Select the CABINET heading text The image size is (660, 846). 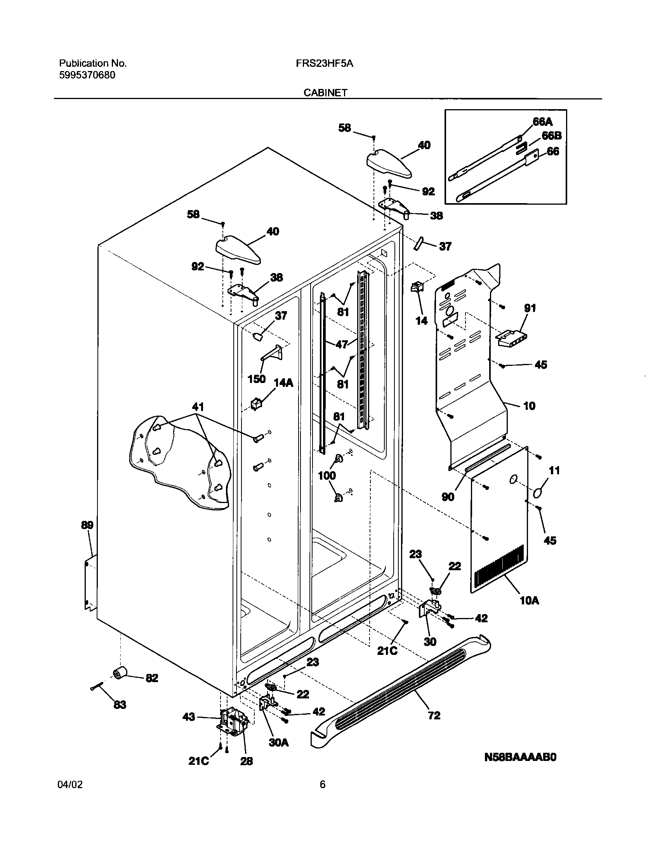pyautogui.click(x=325, y=92)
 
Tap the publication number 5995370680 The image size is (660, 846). pyautogui.click(x=87, y=75)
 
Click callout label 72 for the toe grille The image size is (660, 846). pyautogui.click(x=434, y=715)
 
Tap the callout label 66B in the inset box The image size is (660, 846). pyautogui.click(x=552, y=136)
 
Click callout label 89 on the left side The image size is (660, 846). pyautogui.click(x=87, y=525)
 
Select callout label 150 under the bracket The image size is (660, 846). pyautogui.click(x=257, y=379)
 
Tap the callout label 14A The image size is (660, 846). pyautogui.click(x=283, y=383)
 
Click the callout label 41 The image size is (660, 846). pyautogui.click(x=198, y=407)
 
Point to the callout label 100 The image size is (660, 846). pyautogui.click(x=327, y=475)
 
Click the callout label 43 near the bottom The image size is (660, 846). pyautogui.click(x=189, y=717)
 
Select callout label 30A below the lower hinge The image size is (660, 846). pyautogui.click(x=279, y=743)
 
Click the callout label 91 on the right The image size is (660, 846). pyautogui.click(x=530, y=308)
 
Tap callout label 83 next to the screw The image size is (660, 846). pyautogui.click(x=120, y=705)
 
